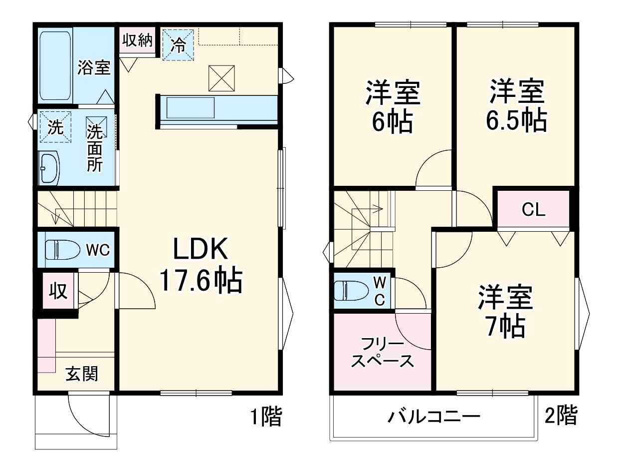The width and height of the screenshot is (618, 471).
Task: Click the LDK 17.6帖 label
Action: click(201, 265)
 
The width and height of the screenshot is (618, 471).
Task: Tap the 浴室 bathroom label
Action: click(93, 68)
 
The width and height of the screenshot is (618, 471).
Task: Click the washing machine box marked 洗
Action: click(55, 127)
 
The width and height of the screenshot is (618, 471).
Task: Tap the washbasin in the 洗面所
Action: click(49, 168)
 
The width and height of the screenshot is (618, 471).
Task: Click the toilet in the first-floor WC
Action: click(59, 249)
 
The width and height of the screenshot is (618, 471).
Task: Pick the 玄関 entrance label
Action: click(82, 374)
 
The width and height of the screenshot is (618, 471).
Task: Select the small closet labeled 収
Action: click(58, 291)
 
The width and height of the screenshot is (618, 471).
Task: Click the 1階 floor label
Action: click(266, 416)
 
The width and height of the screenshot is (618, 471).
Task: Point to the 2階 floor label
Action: click(561, 415)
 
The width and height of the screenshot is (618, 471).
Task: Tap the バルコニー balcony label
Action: click(433, 416)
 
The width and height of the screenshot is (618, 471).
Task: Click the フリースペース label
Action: click(382, 352)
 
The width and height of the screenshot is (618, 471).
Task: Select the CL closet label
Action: click(533, 210)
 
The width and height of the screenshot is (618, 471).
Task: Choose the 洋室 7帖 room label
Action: click(505, 311)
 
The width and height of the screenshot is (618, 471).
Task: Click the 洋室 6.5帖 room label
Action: click(516, 105)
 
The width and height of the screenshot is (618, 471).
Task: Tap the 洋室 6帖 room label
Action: click(392, 106)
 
